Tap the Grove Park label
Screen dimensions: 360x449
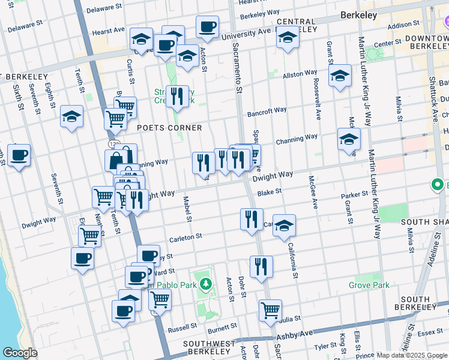point(372,285)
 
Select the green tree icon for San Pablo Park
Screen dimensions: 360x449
point(206,283)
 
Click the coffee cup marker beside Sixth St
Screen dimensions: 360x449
point(19,155)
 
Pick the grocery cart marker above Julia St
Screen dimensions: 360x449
point(271,310)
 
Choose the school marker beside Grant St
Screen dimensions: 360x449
point(340,76)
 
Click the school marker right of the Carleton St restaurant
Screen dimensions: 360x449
point(285,224)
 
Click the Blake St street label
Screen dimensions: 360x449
point(270,193)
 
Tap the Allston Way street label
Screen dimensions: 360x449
point(300,73)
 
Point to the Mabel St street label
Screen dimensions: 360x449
point(187,209)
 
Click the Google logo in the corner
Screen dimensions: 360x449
point(20,353)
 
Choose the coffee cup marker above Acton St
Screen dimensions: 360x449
point(207,26)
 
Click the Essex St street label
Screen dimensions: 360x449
point(430,331)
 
